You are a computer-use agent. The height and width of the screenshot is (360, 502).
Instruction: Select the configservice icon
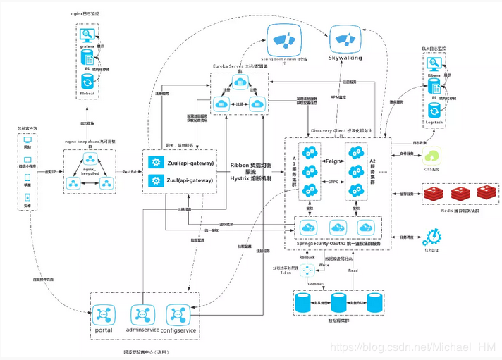[176, 313]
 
